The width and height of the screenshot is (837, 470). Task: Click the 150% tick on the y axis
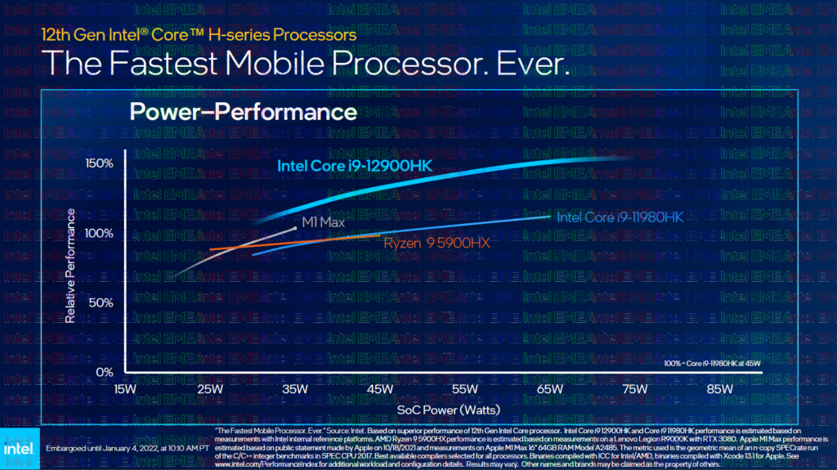(99, 164)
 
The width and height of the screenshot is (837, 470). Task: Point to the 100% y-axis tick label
(99, 233)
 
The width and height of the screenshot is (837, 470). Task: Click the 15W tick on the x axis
(125, 389)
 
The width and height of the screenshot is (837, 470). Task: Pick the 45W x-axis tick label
(380, 389)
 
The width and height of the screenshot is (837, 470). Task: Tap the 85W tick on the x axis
(720, 389)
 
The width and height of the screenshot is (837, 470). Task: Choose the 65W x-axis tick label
(550, 389)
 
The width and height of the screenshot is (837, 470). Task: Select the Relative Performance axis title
(71, 266)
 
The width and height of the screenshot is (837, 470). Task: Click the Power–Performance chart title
(243, 111)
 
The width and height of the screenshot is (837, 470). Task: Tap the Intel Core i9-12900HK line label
(354, 167)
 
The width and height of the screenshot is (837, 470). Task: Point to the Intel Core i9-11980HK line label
(619, 217)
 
